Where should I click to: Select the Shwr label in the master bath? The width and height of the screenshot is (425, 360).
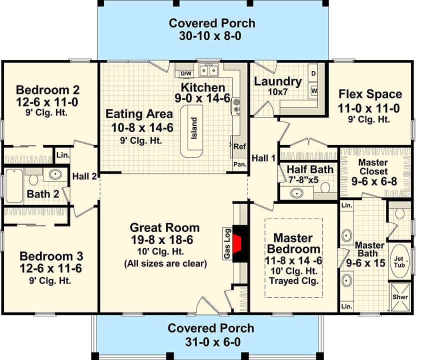tap(399, 296)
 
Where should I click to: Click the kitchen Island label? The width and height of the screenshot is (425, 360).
tap(194, 129)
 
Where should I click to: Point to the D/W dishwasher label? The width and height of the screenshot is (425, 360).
tap(185, 73)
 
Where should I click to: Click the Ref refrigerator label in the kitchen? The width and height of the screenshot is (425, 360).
tap(239, 146)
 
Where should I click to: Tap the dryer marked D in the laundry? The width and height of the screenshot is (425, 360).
tap(314, 73)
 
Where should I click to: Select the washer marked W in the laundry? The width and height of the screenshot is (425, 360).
tap(314, 90)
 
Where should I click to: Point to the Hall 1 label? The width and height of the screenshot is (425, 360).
tap(263, 158)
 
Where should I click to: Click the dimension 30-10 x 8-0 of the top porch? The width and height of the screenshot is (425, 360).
tap(212, 36)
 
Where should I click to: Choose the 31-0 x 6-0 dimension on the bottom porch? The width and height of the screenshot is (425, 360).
tap(210, 342)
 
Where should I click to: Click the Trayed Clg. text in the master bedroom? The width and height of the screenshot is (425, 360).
tap(293, 281)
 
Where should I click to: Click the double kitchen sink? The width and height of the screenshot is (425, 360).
tap(209, 70)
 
